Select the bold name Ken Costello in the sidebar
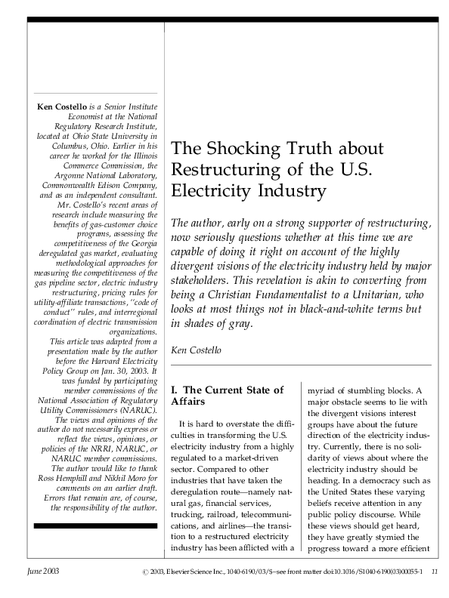[x=61, y=107]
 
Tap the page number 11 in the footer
[x=434, y=572]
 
